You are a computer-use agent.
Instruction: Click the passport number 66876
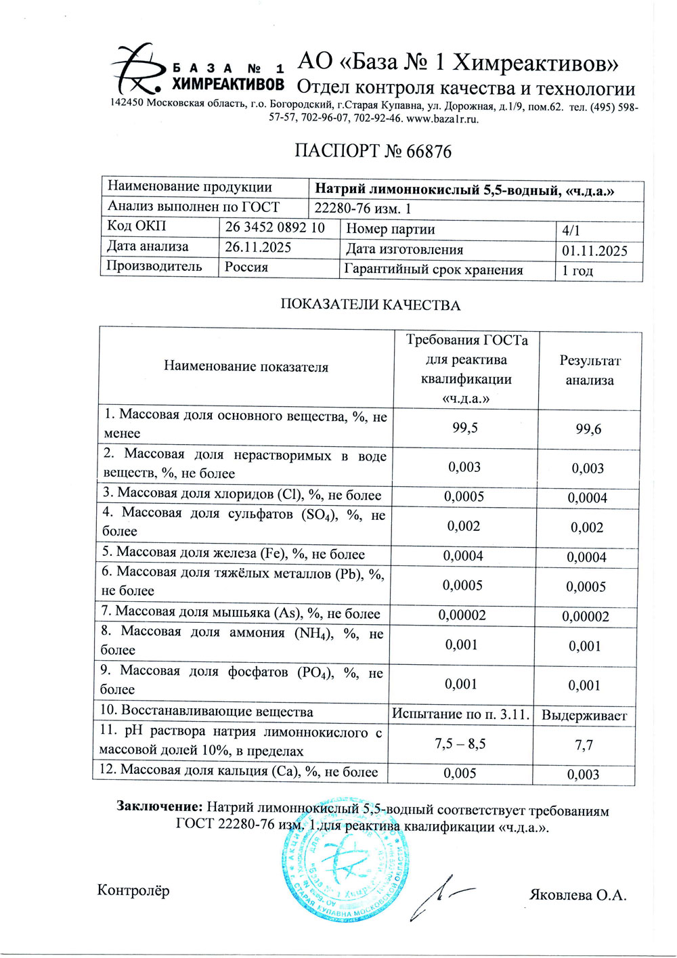click(x=429, y=151)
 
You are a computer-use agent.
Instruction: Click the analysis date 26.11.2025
click(x=258, y=247)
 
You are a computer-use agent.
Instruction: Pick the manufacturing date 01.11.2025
click(x=594, y=251)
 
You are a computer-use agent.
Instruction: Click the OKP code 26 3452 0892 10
click(x=274, y=227)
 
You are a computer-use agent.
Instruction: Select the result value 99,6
click(x=588, y=429)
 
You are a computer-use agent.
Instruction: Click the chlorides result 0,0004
click(x=587, y=498)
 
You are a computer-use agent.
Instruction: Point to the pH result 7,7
click(x=584, y=745)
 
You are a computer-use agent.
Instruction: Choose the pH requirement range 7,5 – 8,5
click(x=460, y=743)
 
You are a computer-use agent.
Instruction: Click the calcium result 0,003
click(x=583, y=775)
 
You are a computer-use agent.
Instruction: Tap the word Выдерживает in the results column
click(x=584, y=715)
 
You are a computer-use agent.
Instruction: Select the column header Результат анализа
click(x=590, y=370)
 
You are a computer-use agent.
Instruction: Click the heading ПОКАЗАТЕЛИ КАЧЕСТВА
click(x=370, y=305)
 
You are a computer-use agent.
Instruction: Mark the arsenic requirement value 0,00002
click(x=462, y=615)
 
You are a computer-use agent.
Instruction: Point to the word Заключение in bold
click(x=159, y=806)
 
